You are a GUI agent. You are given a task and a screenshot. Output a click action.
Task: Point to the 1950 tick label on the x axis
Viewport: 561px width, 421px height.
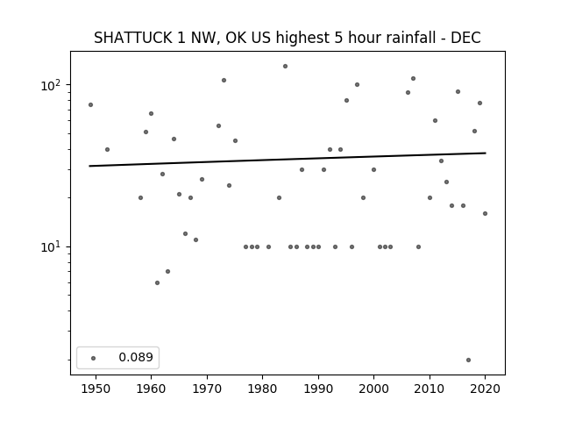click(96, 389)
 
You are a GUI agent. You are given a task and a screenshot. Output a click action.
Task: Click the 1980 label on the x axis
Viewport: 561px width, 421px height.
click(262, 389)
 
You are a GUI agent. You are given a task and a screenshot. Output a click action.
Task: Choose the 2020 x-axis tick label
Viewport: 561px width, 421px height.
click(485, 389)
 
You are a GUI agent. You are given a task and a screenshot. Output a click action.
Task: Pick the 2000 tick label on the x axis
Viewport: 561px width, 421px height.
click(373, 389)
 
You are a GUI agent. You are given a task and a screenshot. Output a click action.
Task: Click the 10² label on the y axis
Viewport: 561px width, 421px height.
click(53, 85)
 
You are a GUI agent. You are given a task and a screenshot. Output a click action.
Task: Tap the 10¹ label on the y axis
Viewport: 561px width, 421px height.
click(53, 247)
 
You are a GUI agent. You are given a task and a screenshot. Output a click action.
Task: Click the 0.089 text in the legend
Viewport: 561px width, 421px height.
click(136, 357)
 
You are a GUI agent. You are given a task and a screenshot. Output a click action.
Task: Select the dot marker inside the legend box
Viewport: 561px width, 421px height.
click(94, 358)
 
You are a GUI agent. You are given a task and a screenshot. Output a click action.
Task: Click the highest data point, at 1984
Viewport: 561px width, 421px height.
click(285, 67)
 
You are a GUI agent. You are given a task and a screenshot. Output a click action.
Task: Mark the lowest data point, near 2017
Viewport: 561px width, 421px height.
click(468, 360)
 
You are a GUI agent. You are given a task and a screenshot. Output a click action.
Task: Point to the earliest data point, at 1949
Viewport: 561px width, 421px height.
click(90, 105)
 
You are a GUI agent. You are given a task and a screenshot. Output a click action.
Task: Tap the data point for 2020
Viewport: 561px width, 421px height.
click(485, 214)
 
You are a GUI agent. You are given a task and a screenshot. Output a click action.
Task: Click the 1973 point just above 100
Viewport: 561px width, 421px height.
click(224, 80)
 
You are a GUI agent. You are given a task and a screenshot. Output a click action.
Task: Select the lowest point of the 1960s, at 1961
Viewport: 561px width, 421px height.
click(157, 282)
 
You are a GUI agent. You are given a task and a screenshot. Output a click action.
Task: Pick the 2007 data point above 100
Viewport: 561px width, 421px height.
click(413, 78)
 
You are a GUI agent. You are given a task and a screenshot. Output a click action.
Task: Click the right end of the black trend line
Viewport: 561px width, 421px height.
click(486, 153)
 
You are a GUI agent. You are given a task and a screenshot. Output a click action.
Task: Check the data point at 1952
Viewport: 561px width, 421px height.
click(107, 150)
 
